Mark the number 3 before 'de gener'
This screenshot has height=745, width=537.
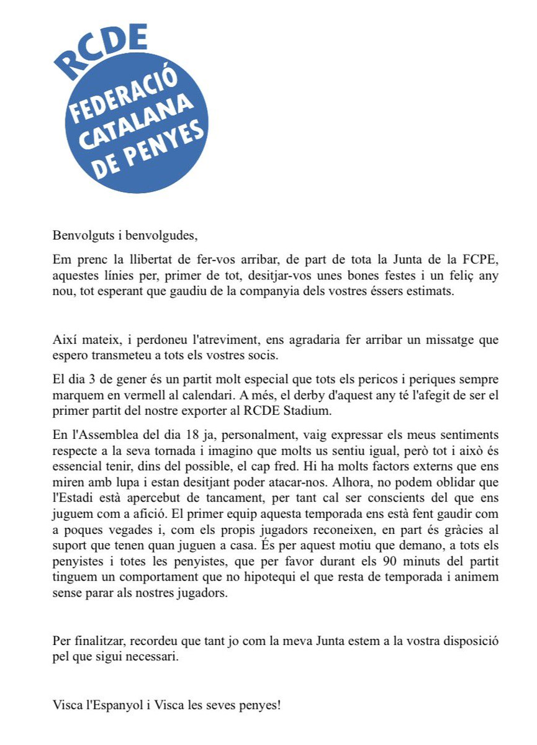(x=91, y=379)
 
